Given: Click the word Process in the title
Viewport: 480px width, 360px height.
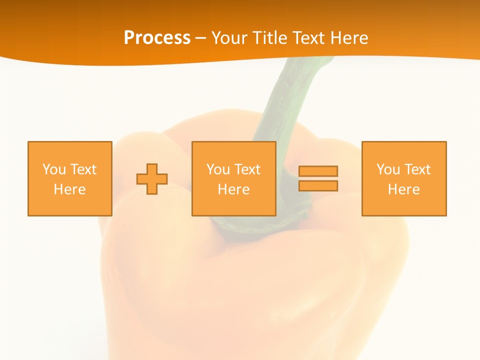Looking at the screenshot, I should [x=157, y=38].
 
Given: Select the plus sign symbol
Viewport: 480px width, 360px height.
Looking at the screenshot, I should [x=152, y=179].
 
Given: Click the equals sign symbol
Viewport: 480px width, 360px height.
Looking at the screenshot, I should [x=318, y=178].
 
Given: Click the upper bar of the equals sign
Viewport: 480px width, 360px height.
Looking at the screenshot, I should [x=318, y=171].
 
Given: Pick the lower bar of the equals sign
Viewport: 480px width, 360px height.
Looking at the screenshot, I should [x=318, y=185].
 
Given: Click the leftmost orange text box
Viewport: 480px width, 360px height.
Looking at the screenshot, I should [x=70, y=150].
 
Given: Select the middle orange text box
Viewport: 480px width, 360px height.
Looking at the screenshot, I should [x=234, y=150].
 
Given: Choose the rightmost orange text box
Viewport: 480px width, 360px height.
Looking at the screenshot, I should [x=404, y=150].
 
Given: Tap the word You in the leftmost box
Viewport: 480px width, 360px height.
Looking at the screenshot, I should [x=54, y=169].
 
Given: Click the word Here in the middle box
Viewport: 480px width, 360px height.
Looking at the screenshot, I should [x=234, y=189].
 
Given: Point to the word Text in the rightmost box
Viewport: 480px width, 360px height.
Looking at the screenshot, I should [x=417, y=169].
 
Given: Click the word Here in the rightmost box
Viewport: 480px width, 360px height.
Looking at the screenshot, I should [x=404, y=189].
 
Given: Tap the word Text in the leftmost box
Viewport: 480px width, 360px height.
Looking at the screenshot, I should [x=83, y=169].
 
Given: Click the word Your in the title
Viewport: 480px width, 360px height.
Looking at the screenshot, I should [x=229, y=38].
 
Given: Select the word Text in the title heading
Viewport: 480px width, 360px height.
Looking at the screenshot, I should [x=309, y=38].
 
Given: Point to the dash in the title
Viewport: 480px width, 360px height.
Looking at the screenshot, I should [x=200, y=38].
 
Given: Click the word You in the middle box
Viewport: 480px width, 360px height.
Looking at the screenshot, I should [x=218, y=169].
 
